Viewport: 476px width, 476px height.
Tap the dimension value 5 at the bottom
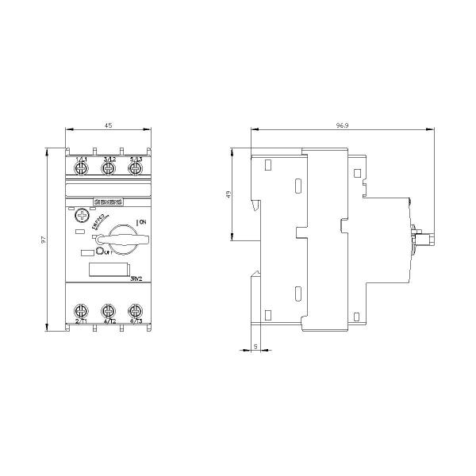pyautogui.click(x=255, y=346)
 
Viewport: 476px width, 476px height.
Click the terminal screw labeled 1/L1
pyautogui.click(x=81, y=168)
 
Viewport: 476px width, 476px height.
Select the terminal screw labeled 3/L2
pyautogui.click(x=108, y=168)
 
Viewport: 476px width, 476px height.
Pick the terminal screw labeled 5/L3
pyautogui.click(x=134, y=168)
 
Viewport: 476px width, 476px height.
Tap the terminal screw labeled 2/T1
pyautogui.click(x=81, y=310)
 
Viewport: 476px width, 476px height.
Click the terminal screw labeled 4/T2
pyautogui.click(x=108, y=310)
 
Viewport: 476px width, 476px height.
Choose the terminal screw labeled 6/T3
pyautogui.click(x=134, y=310)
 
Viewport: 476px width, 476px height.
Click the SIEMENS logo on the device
pyautogui.click(x=106, y=204)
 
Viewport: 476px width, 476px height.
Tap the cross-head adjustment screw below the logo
pyautogui.click(x=80, y=215)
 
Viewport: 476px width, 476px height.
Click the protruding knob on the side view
pyautogui.click(x=421, y=239)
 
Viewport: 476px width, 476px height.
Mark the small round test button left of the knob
pyautogui.click(x=102, y=252)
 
